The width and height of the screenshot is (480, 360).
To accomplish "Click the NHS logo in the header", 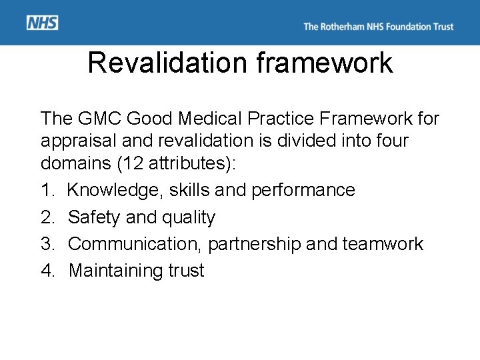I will pyautogui.click(x=43, y=23).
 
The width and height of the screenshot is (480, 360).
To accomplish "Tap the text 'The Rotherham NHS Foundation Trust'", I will pyautogui.click(x=378, y=27).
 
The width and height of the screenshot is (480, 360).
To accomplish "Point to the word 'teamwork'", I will pyautogui.click(x=383, y=244).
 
